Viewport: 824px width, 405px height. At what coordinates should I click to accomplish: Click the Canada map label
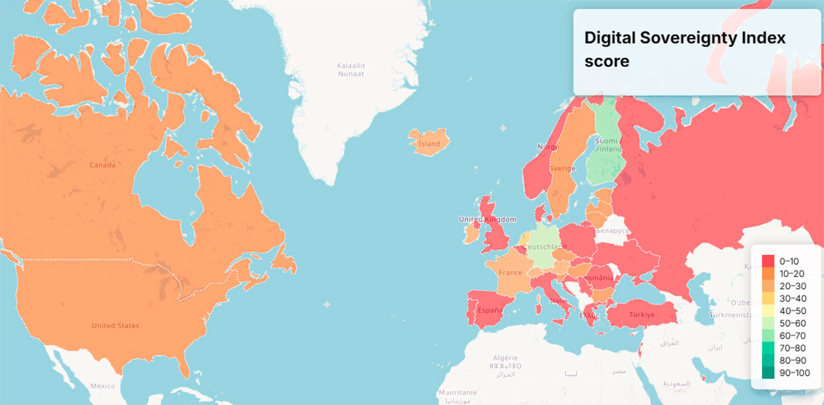(102, 165)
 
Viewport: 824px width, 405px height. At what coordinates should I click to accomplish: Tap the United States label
(115, 326)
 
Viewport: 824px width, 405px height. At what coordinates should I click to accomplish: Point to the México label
(102, 386)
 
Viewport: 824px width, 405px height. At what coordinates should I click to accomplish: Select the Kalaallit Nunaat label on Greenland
(351, 70)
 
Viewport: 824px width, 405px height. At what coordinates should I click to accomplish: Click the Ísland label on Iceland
(429, 144)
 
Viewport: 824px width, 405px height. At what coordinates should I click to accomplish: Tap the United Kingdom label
(487, 220)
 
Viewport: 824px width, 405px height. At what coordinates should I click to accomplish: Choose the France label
(510, 273)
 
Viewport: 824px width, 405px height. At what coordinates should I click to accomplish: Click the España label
(489, 310)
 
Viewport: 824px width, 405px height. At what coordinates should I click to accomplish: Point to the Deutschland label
(545, 247)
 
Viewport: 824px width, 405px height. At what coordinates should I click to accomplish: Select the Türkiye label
(642, 315)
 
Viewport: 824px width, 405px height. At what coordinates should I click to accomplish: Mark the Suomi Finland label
(606, 145)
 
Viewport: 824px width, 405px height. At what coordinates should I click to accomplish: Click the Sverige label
(562, 169)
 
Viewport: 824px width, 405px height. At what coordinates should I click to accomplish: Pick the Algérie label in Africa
(505, 358)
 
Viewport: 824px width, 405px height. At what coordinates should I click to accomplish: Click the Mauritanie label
(457, 393)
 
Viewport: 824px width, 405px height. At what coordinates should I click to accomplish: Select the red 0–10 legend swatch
(768, 261)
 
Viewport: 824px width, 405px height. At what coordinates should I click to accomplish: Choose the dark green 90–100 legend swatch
(768, 373)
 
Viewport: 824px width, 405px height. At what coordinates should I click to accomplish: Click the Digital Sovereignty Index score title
(685, 49)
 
